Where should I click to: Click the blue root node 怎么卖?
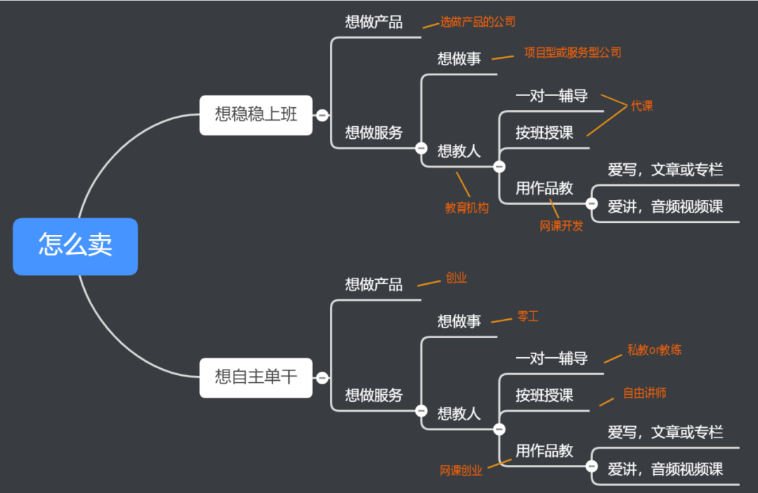[x=75, y=246]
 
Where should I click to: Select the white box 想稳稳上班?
[x=255, y=115]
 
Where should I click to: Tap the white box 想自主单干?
[x=255, y=377]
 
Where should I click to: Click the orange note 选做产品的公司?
[x=477, y=22]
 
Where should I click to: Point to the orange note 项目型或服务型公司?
[x=572, y=53]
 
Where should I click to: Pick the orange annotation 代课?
[x=641, y=107]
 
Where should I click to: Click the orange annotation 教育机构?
[x=467, y=208]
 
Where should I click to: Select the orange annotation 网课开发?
[x=561, y=226]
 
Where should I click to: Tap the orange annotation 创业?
[x=456, y=278]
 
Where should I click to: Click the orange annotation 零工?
[x=528, y=316]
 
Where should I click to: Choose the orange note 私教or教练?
[x=654, y=350]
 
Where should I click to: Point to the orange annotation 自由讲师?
[x=644, y=393]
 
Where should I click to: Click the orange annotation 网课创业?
[x=461, y=471]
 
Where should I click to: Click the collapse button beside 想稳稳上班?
[x=322, y=115]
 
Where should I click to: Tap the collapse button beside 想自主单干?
[x=322, y=378]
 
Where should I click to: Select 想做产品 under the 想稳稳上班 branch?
[x=373, y=22]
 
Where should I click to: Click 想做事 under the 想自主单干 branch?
[x=459, y=321]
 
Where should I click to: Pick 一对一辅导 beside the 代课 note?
[x=551, y=96]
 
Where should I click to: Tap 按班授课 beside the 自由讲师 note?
[x=544, y=396]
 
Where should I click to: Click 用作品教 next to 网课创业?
[x=544, y=451]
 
